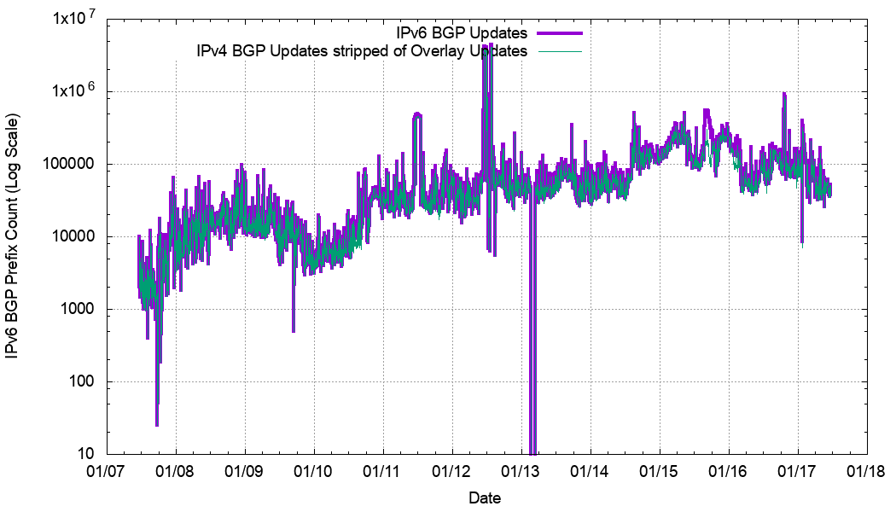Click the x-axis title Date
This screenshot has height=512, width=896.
tap(485, 498)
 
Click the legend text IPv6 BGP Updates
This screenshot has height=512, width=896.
tap(463, 33)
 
